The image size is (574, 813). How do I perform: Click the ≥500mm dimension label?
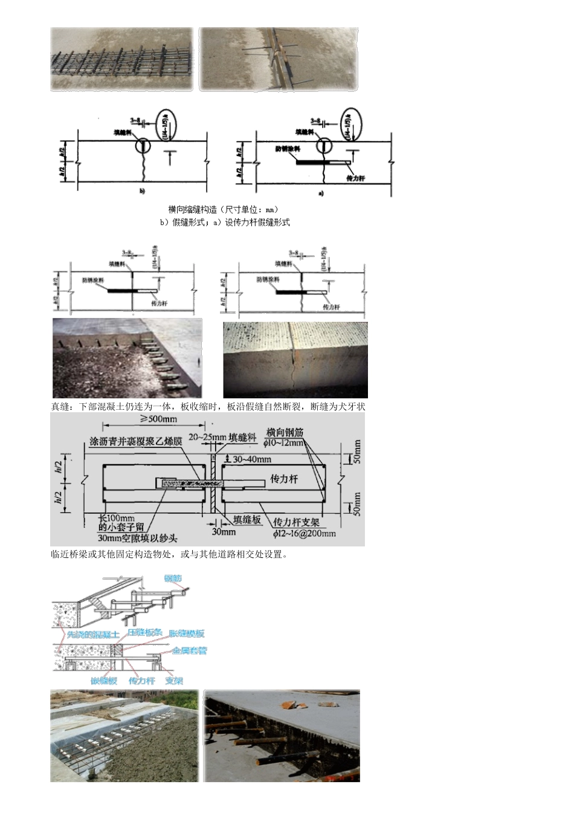click(158, 419)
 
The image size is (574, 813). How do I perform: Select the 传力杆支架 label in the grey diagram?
click(296, 522)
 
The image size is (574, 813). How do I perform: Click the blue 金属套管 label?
click(189, 652)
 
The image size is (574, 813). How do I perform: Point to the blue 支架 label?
click(174, 681)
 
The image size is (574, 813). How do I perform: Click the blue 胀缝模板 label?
click(187, 633)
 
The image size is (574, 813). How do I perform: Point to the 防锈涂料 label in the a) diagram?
click(285, 148)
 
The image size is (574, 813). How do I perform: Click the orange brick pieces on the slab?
click(288, 704)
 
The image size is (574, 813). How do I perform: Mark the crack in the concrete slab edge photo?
click(291, 369)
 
